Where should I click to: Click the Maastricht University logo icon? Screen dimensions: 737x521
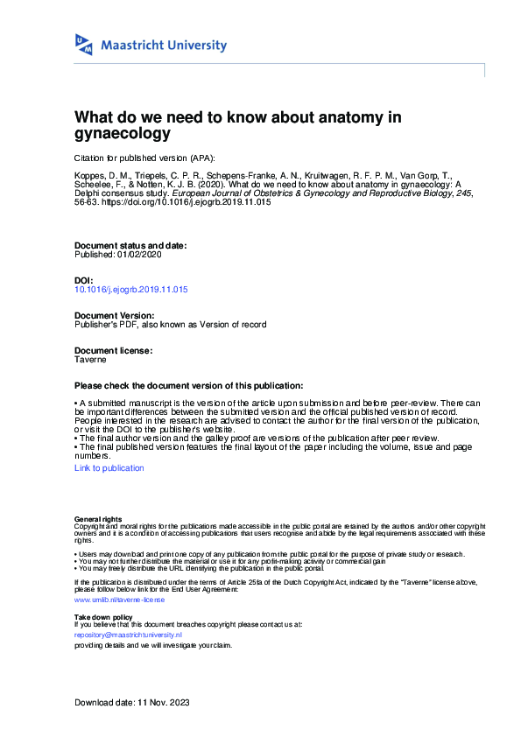[x=84, y=45]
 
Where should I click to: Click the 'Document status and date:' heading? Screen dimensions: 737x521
[x=130, y=246]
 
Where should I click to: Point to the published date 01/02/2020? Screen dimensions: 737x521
[x=140, y=255]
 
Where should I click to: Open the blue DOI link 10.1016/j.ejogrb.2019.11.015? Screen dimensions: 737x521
[x=131, y=289]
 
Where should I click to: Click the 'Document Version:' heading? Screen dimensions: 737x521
[x=114, y=315]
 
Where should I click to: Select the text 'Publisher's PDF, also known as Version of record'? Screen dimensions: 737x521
[x=171, y=324]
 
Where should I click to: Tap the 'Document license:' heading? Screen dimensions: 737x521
[x=113, y=350]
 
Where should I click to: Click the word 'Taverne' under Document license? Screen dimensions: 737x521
[x=90, y=359]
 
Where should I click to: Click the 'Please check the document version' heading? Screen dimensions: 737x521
[x=189, y=386]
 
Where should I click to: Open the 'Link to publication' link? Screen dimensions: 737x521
[x=109, y=468]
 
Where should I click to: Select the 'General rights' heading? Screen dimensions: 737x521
[x=98, y=519]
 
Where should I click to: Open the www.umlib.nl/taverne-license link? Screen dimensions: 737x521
[x=120, y=600]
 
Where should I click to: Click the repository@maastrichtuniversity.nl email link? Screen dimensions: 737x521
[x=128, y=635]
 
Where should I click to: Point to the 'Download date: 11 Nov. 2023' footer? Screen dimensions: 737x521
[x=132, y=703]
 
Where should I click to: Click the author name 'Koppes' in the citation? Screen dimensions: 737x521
[x=88, y=178]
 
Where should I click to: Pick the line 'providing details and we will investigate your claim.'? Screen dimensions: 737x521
[x=153, y=644]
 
